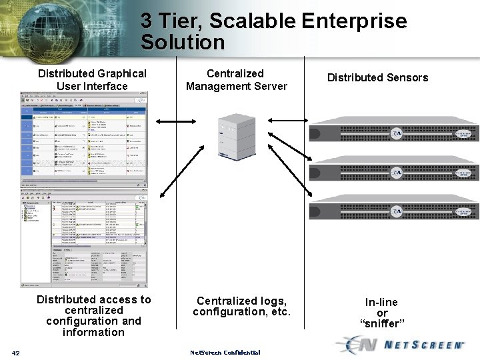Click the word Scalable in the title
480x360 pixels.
tap(252, 21)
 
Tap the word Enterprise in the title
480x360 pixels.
tap(354, 21)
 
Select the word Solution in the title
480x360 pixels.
tap(183, 43)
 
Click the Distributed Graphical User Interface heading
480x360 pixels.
tap(92, 80)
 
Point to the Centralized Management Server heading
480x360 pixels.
tap(236, 80)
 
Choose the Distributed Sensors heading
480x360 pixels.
tap(377, 78)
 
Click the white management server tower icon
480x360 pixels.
tap(237, 134)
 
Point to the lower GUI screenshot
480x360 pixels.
tap(85, 238)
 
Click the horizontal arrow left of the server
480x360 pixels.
tap(175, 121)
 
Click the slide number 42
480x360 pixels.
tap(16, 353)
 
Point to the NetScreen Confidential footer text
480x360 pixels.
tap(225, 353)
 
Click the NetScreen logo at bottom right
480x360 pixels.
tap(402, 345)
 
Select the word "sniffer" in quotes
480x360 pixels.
tap(382, 324)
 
